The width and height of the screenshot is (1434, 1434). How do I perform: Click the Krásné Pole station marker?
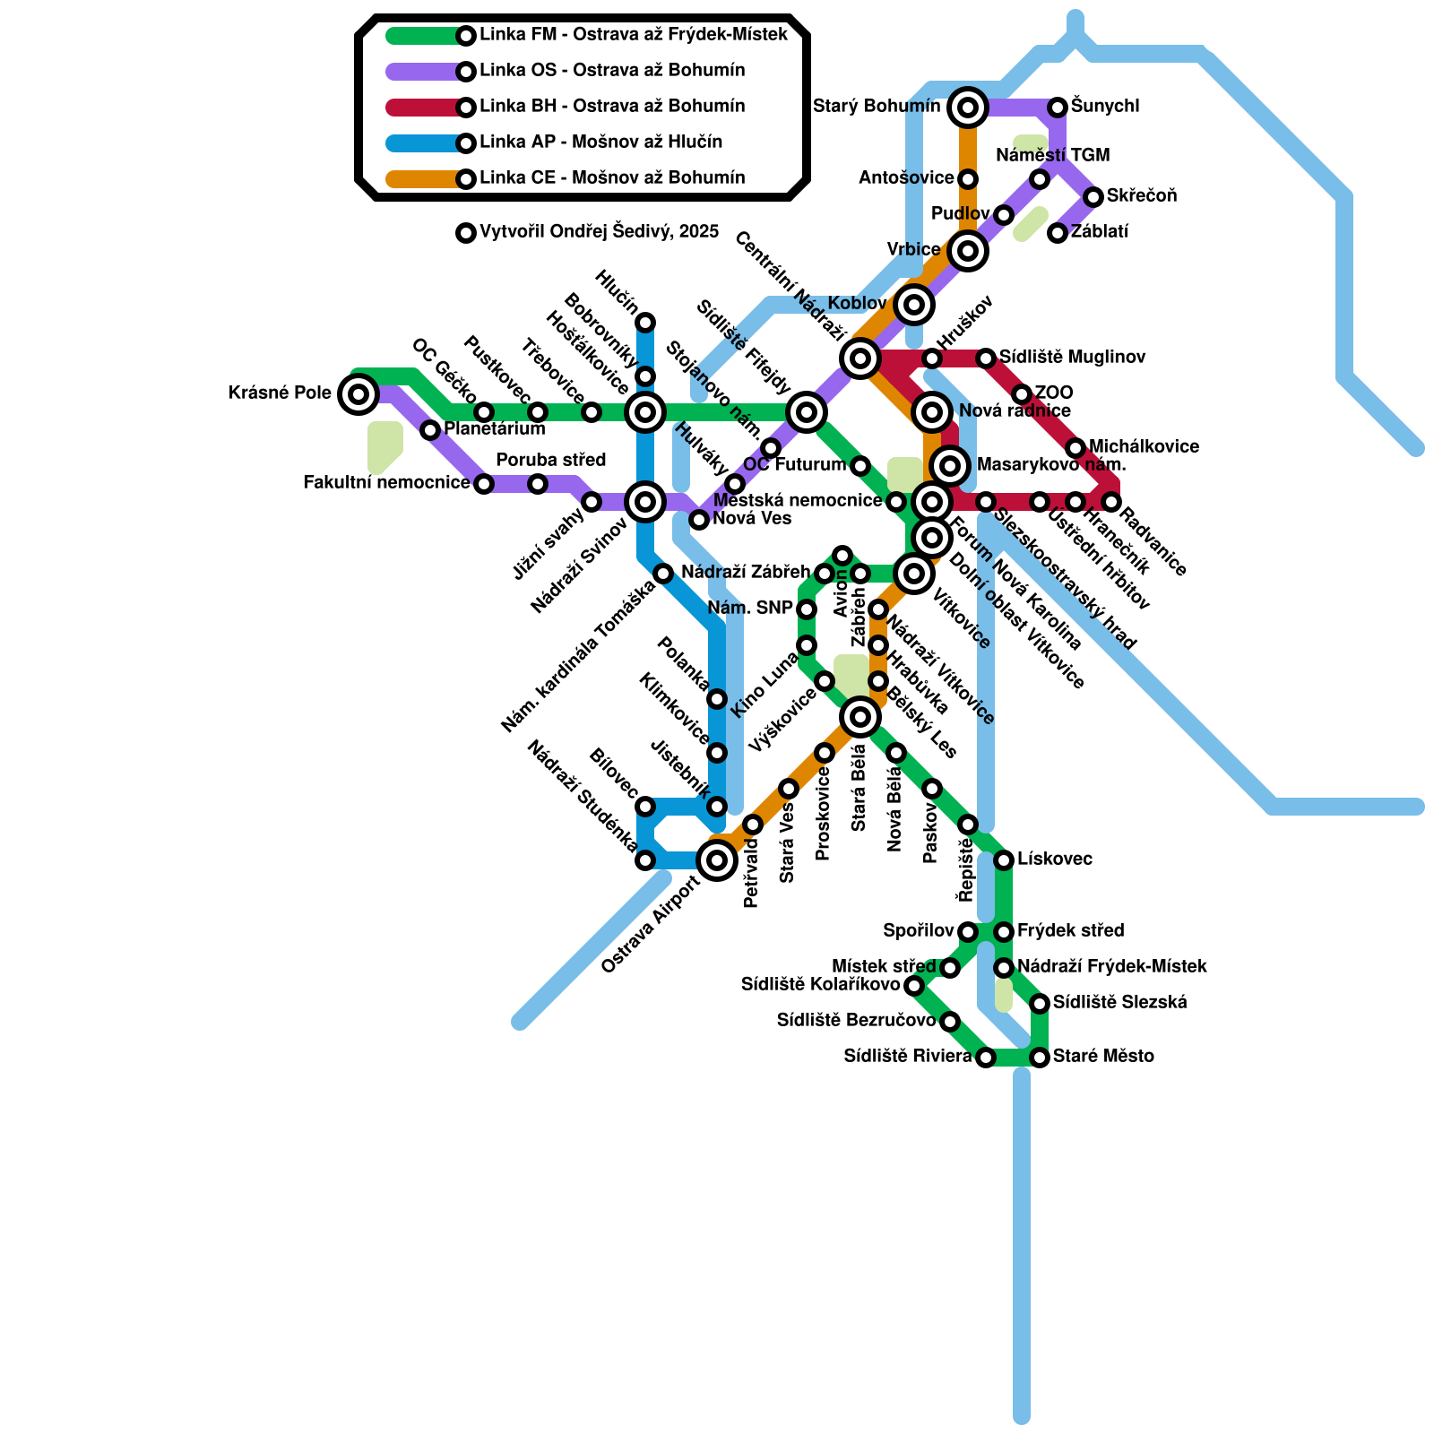358,393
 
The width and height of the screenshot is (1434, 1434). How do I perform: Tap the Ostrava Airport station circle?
717,860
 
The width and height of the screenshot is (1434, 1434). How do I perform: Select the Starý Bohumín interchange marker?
967,108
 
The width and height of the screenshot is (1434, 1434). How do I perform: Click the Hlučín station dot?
645,323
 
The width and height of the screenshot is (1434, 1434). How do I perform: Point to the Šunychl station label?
1105,107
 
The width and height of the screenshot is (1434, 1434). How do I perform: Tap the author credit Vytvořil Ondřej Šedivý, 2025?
599,232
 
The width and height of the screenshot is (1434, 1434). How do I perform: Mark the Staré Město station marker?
1040,1058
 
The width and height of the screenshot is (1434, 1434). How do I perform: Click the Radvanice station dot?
1111,502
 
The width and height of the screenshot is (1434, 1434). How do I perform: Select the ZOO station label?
1054,393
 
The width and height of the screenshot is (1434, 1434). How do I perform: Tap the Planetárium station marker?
430,430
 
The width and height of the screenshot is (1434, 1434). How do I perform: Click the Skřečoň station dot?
1093,197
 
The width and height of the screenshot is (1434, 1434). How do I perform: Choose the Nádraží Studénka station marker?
645,860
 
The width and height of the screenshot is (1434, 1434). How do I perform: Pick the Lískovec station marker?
1004,860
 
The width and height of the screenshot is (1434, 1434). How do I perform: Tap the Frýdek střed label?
1070,931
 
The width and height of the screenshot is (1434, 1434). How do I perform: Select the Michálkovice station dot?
1075,448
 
